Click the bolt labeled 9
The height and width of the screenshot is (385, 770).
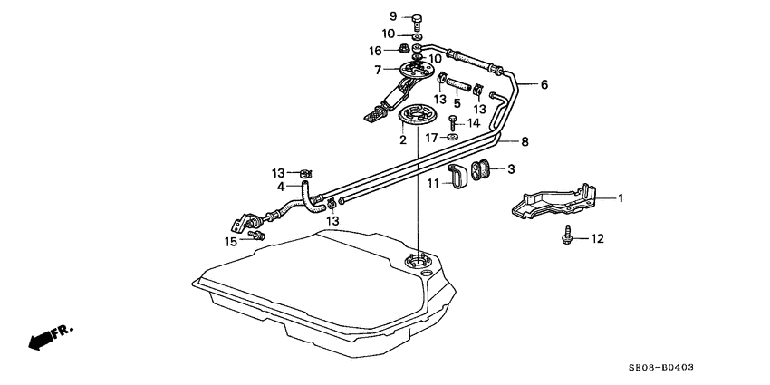tap(417, 20)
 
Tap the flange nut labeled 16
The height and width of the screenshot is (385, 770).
tap(403, 49)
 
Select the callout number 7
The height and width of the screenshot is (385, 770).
tap(378, 71)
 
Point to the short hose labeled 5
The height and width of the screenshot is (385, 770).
tap(458, 84)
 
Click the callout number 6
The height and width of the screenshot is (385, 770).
tap(544, 85)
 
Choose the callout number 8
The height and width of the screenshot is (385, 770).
tap(525, 142)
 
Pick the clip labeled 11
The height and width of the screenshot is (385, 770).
tap(457, 177)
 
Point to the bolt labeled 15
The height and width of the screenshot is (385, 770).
tap(257, 236)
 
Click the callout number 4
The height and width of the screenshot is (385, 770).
tap(281, 188)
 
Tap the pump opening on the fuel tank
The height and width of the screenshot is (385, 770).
tap(416, 260)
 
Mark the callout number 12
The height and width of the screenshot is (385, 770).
tap(597, 239)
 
